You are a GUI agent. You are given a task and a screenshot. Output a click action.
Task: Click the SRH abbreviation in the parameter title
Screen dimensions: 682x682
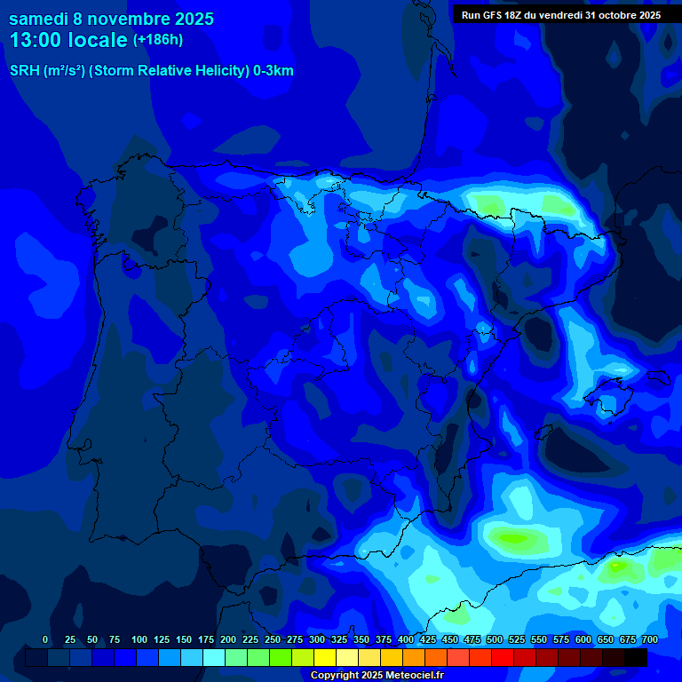point(24,71)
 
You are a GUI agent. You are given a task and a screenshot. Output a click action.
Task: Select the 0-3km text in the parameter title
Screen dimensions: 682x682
point(274,71)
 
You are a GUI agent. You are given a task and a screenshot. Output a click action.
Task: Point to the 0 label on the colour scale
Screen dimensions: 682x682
point(45,639)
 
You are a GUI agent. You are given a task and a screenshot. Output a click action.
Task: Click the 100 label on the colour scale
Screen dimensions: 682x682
point(139,639)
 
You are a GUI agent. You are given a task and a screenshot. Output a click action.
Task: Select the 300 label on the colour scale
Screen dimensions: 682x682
point(317,639)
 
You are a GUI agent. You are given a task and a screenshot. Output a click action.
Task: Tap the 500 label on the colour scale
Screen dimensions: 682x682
point(495,639)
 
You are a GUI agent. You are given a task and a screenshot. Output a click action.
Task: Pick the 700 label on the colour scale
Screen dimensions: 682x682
point(650,639)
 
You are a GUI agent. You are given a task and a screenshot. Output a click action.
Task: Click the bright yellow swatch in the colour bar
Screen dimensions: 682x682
point(325,658)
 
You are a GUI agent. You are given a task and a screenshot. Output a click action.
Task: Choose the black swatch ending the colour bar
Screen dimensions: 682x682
point(636,658)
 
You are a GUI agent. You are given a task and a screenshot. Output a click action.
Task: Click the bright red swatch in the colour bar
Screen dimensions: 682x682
point(503,658)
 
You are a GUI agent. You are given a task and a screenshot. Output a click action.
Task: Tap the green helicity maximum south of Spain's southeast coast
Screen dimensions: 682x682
point(515,537)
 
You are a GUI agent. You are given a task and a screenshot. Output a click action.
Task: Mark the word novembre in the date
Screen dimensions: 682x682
point(131,19)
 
